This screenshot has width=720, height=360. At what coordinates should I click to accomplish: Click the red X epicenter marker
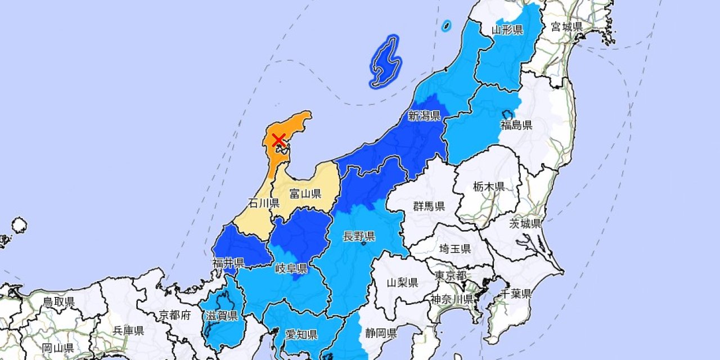pos(278,140)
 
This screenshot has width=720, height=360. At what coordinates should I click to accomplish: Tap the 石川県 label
pos(264,203)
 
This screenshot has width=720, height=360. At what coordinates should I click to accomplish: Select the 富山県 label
pos(305,194)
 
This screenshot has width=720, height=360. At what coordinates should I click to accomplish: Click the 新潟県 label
pos(424,116)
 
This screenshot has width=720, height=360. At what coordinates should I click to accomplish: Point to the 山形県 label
pos(508,29)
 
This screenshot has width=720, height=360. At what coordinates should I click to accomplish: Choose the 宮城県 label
pos(567,26)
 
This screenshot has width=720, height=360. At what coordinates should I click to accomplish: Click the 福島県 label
pos(516,125)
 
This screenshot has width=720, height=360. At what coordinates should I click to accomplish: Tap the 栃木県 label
pos(488,187)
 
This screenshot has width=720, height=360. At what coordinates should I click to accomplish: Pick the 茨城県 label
pos(525,223)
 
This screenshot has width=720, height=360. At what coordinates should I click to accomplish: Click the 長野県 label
pos(359,236)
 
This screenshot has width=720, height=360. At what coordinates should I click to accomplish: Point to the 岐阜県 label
pos(290,267)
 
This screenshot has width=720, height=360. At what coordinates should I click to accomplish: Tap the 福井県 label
pos(228,263)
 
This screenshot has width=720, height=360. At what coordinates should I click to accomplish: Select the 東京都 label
pos(451,276)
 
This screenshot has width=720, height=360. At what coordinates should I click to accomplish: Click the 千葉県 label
pos(516,293)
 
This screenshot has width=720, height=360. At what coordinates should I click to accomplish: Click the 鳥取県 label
pos(58,302)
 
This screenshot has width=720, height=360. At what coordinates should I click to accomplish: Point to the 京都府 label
pos(175,314)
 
